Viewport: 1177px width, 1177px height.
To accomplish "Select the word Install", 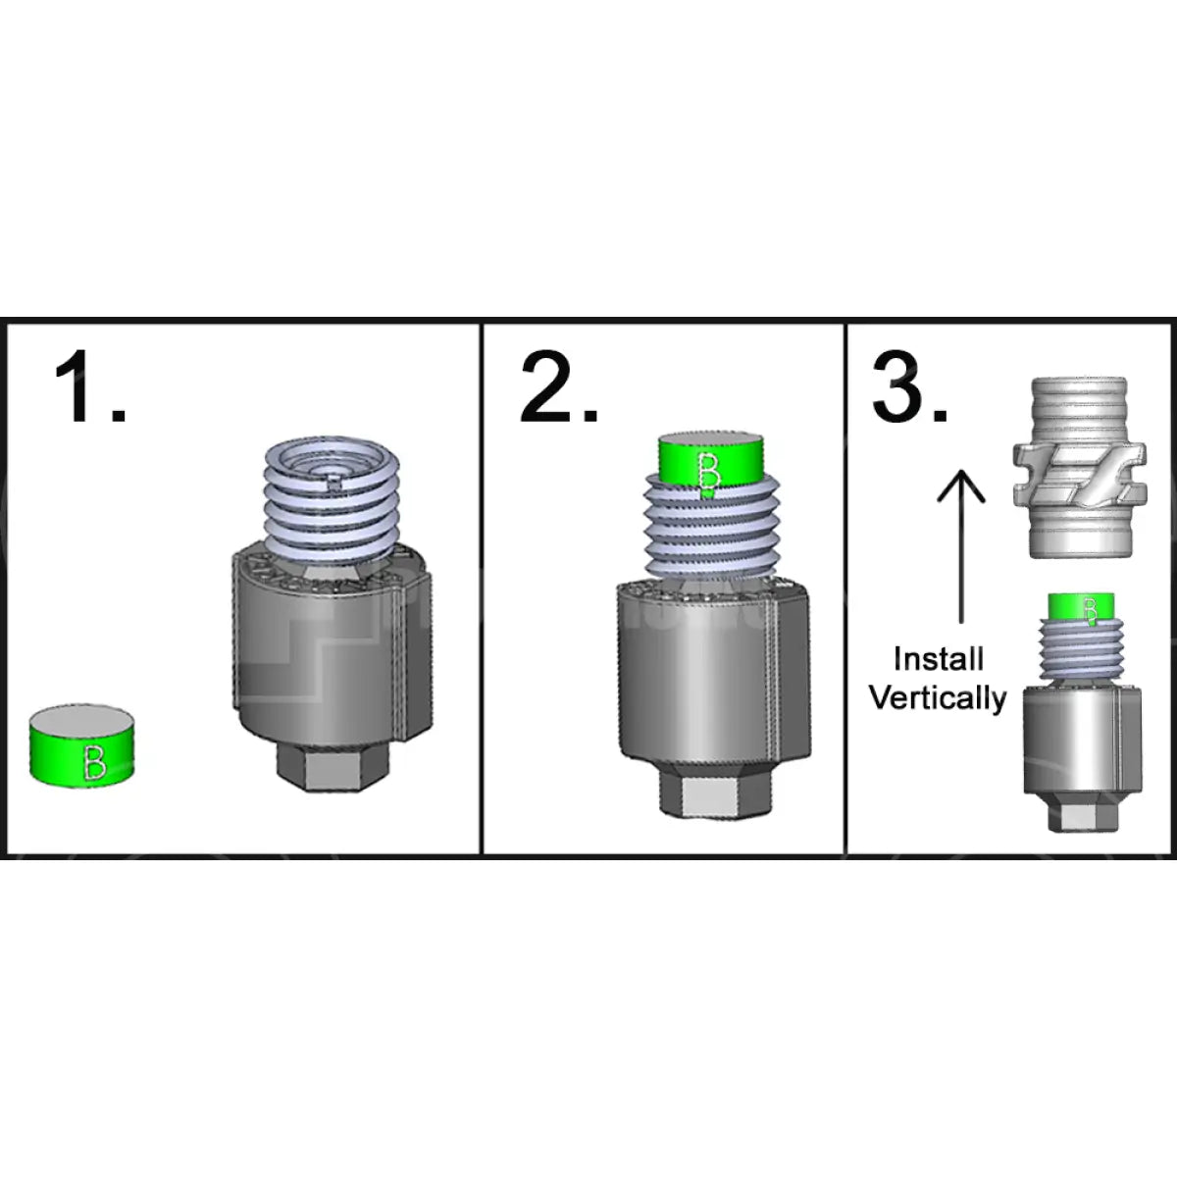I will point(938,659).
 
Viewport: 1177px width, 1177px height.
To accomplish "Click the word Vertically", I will point(938,698).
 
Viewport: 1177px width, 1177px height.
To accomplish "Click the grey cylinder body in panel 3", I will point(1079,741).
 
